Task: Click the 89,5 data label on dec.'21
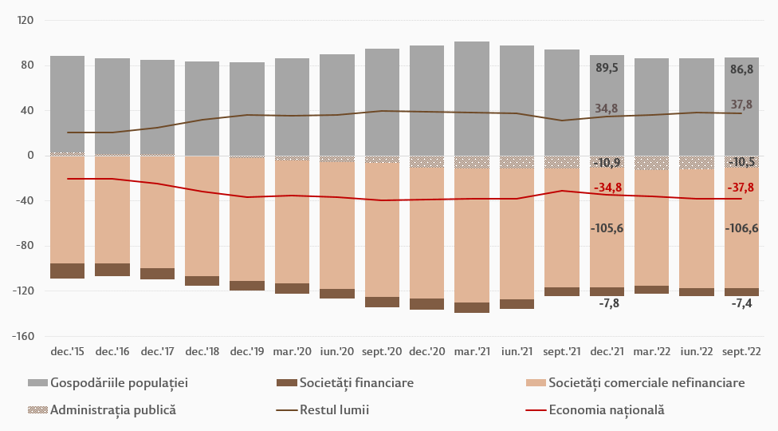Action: (x=607, y=69)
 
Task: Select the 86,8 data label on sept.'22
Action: (x=741, y=69)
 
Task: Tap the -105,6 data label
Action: (x=607, y=228)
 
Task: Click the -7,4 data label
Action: (x=741, y=303)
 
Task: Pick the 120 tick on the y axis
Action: (x=24, y=20)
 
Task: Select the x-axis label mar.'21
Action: (x=472, y=351)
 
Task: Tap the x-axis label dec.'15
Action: (x=68, y=351)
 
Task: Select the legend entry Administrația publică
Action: (x=112, y=410)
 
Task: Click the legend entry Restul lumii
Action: (x=334, y=410)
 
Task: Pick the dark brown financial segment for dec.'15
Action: (x=68, y=271)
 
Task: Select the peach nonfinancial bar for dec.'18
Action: (x=202, y=215)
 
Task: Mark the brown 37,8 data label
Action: (x=741, y=105)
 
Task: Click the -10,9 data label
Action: (x=607, y=163)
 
